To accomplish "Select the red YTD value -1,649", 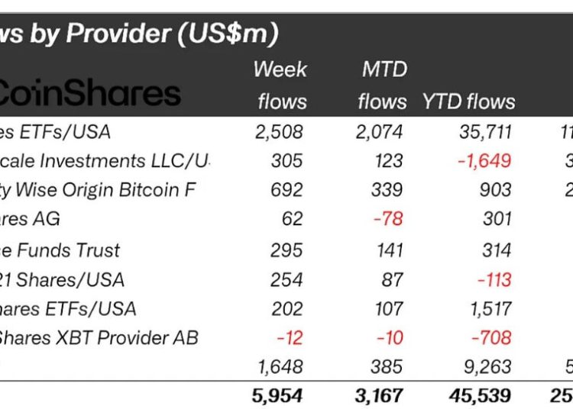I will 479,161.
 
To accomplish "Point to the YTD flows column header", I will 468,101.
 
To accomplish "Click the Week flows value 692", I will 286,191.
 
